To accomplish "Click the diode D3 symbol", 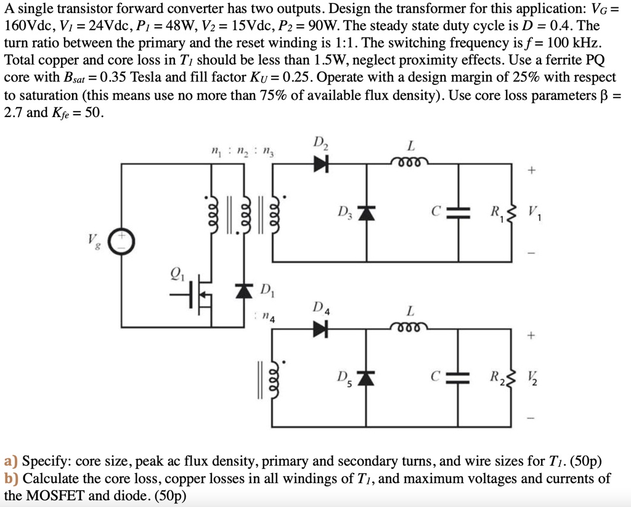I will tap(367, 213).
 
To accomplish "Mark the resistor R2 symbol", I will tap(508, 378).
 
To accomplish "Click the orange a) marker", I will tap(10, 461).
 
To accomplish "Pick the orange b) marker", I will tap(10, 478).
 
